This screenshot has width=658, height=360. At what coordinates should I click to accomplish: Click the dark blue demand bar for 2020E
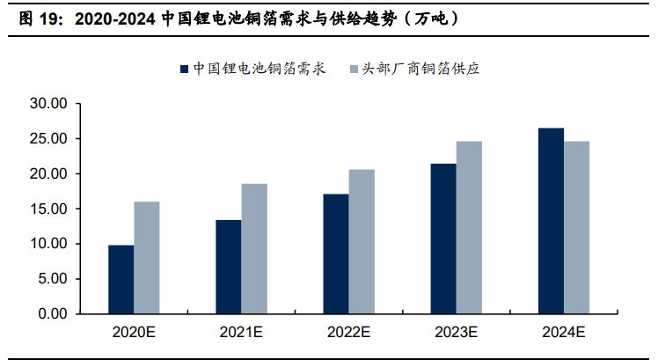121,279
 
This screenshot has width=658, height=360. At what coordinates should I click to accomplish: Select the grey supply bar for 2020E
147,258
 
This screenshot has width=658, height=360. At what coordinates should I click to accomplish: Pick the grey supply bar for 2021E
254,248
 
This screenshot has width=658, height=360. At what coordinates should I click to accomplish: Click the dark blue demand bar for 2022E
336,253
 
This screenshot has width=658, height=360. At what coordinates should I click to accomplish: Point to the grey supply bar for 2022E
362,241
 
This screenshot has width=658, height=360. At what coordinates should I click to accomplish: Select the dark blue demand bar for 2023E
443,239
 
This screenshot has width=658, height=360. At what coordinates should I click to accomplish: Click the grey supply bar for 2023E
469,227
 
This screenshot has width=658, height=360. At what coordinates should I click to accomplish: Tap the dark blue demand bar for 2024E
551,221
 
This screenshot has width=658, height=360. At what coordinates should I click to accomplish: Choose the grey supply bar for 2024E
577,227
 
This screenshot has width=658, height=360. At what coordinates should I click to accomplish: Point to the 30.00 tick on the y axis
48,104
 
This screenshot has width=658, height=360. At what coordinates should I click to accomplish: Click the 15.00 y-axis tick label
48,209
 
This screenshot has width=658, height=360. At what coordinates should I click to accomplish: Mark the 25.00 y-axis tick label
48,139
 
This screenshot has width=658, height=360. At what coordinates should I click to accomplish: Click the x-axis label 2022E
348,333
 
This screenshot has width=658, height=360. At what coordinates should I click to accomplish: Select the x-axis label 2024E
563,333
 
